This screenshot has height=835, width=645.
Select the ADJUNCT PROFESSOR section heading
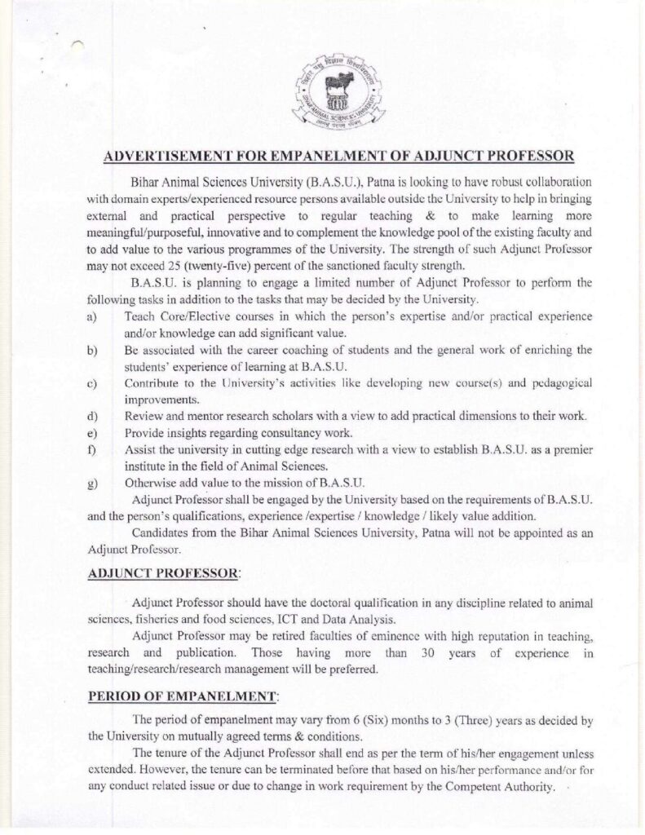162,573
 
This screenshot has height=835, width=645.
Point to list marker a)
93,316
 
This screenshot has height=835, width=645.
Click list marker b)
93,350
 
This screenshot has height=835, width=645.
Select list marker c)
93,382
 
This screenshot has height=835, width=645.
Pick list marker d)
93,416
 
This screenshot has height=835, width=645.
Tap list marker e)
93,433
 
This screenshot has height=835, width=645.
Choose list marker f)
93,450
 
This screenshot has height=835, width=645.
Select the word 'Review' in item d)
144,416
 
